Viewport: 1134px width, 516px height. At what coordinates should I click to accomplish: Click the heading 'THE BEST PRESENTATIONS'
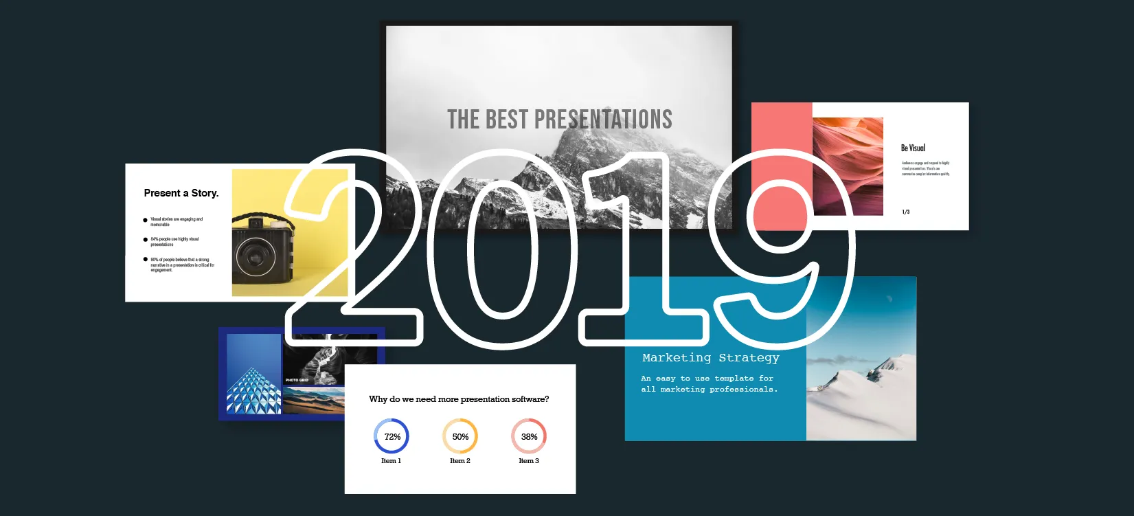pos(559,120)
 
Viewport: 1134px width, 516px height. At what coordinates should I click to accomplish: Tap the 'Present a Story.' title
pos(181,193)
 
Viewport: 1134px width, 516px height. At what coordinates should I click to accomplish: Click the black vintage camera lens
pos(255,256)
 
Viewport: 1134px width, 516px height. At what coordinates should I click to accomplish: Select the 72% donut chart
pos(392,436)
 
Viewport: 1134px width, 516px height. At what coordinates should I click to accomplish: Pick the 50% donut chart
pos(460,436)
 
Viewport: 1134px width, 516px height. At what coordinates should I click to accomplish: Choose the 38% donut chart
pos(529,436)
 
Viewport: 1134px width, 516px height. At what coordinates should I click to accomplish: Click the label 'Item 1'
pos(391,461)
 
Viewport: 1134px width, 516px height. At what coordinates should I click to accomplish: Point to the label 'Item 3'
pos(529,461)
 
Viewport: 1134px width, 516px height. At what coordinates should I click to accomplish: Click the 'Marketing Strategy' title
pos(711,358)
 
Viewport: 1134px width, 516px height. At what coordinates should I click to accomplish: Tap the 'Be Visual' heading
pos(913,148)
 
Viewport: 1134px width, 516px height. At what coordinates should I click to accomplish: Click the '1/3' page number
pos(906,212)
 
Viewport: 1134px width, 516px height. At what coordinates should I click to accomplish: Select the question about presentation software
pos(459,399)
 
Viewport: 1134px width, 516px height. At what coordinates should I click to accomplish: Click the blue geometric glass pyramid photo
pos(253,385)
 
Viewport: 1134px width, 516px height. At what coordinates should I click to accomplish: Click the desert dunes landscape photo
pos(313,400)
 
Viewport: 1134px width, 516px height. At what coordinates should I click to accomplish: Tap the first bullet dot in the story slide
pos(145,221)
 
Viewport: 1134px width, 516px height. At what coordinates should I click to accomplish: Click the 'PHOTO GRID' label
pos(297,380)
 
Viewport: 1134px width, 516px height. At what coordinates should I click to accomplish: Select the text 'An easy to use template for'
pos(707,379)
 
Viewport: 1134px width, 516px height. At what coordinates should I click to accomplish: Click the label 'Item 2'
pos(460,461)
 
